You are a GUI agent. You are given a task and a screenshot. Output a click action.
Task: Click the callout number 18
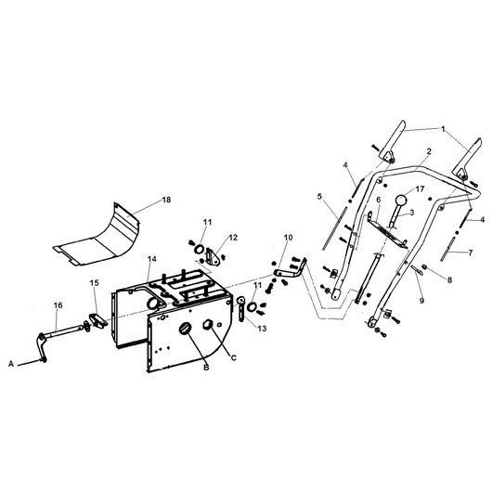tap(166, 200)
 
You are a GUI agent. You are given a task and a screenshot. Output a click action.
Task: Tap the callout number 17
tap(421, 188)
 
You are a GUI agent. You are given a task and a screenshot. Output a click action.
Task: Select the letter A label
tap(11, 364)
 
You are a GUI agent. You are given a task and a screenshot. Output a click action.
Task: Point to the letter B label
tap(206, 368)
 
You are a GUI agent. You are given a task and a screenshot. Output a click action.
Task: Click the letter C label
tap(233, 357)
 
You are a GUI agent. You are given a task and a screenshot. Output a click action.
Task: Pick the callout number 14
tap(152, 259)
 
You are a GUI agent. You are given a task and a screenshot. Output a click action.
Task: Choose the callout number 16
tap(58, 305)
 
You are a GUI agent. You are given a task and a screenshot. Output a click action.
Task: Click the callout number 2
tap(429, 151)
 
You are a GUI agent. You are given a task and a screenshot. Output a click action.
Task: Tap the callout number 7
tap(470, 252)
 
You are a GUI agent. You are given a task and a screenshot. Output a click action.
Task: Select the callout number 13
tap(262, 329)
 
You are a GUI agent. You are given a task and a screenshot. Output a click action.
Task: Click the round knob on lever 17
tap(401, 201)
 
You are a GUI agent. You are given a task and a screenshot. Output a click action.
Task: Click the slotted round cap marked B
tap(185, 329)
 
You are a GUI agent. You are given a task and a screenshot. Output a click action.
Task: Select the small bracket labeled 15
tap(97, 320)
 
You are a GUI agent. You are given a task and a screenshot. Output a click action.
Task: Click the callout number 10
tap(289, 238)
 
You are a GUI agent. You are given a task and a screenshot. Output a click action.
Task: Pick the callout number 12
tap(233, 238)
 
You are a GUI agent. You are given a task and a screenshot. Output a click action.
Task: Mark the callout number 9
tap(421, 300)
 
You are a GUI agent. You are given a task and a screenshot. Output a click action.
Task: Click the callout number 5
tap(319, 197)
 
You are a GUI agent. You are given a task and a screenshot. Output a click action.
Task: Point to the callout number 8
tap(449, 280)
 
